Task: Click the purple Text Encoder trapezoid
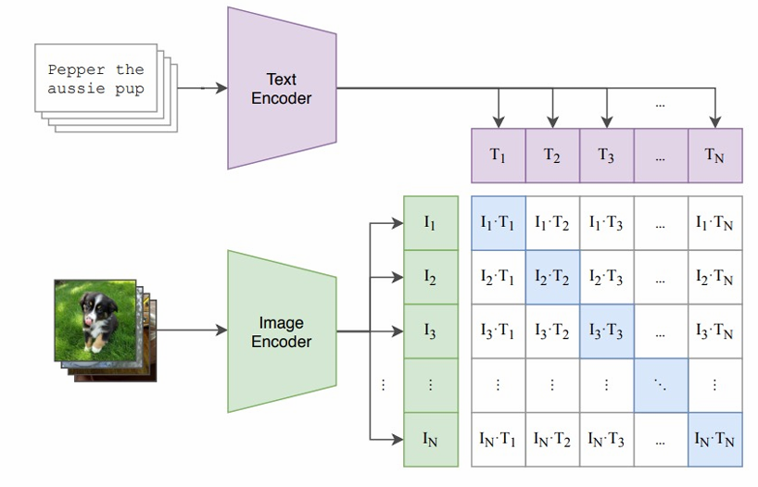tap(281, 89)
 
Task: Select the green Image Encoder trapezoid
tap(281, 331)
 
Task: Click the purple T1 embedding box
tap(499, 155)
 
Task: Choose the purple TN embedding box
tap(715, 155)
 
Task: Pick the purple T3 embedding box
tap(606, 155)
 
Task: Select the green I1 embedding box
tap(430, 223)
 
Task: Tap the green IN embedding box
tap(430, 439)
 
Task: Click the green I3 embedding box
tap(430, 331)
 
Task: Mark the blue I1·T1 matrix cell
tap(499, 223)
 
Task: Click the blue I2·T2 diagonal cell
tap(552, 277)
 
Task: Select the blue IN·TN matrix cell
tap(715, 439)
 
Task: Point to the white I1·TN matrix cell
tap(715, 223)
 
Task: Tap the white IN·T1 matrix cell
tap(499, 439)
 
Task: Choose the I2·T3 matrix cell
tap(606, 277)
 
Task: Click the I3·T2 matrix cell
tap(552, 331)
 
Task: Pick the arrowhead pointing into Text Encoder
tap(221, 89)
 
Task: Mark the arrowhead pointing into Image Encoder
tap(221, 331)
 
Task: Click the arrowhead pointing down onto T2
tap(552, 121)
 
